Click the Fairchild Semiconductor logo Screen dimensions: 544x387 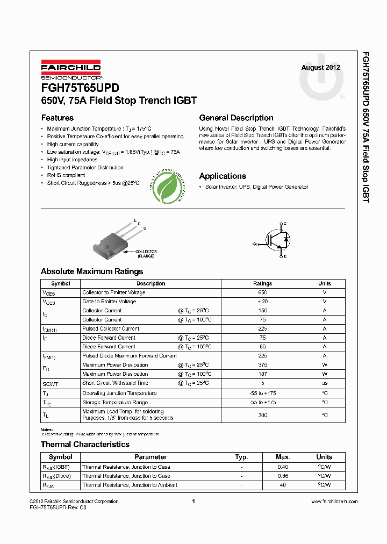[71, 70]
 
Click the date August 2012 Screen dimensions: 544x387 [320, 68]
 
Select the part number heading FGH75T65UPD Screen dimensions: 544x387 [80, 88]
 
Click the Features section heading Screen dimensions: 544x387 [58, 118]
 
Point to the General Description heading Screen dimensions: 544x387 [236, 118]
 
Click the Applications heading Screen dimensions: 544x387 [223, 176]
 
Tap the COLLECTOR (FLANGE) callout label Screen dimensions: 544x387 [147, 254]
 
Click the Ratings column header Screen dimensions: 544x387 [262, 283]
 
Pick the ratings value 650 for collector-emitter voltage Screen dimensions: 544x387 [262, 292]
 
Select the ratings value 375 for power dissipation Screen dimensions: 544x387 [262, 365]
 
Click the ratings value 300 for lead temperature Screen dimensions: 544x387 [262, 415]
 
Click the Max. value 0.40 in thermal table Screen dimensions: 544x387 [283, 467]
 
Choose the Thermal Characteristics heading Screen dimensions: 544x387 [85, 445]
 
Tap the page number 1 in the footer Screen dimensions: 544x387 [193, 501]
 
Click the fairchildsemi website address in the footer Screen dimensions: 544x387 [327, 502]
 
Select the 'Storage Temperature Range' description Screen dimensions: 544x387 [114, 403]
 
